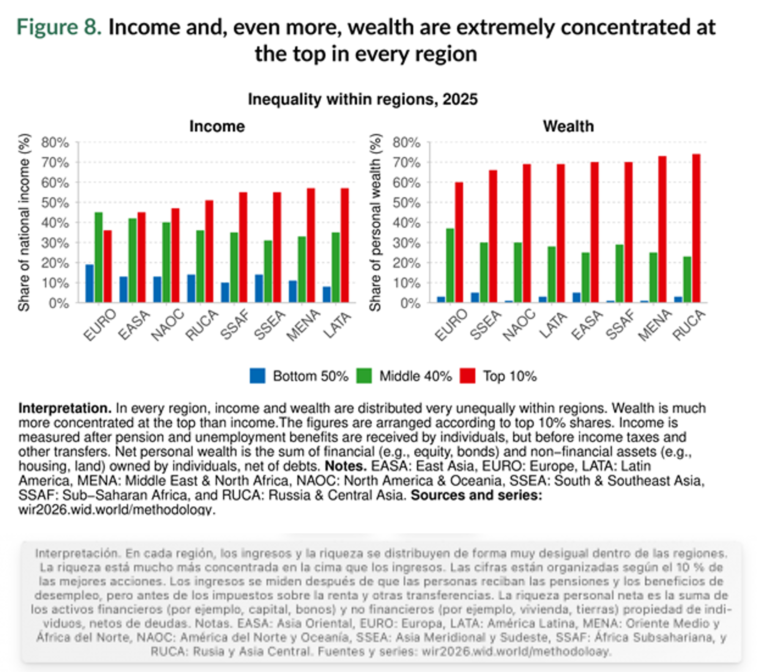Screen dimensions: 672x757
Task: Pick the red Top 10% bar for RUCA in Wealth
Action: coord(696,228)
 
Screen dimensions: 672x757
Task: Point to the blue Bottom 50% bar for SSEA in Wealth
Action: coord(475,297)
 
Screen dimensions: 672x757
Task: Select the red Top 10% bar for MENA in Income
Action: coord(311,245)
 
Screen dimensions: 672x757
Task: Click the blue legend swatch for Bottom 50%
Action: coord(257,376)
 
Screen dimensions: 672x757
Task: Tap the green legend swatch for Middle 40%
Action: coord(364,376)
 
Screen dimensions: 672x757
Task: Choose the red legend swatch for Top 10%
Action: coord(467,376)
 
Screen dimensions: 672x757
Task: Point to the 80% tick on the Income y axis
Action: coord(55,143)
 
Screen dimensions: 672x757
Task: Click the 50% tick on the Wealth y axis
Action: coord(406,203)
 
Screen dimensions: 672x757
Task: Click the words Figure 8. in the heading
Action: coord(59,27)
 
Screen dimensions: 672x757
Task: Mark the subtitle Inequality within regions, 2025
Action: coord(363,99)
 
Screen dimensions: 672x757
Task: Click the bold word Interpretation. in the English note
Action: coord(65,408)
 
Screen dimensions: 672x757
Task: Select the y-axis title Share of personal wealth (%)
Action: coord(375,222)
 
